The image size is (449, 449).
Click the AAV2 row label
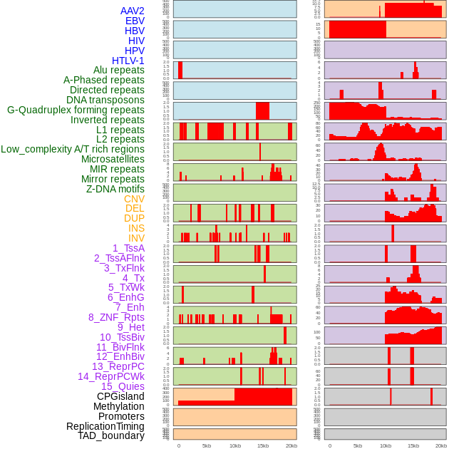[x=133, y=11]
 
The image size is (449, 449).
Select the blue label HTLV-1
[x=128, y=61]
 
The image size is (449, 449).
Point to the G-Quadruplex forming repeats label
[x=76, y=110]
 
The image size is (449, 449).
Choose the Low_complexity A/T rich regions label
[x=73, y=149]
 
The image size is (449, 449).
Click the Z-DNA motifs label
[x=115, y=189]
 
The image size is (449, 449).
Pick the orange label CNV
[x=134, y=199]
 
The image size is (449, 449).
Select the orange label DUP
[x=134, y=218]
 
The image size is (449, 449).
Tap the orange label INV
[x=136, y=238]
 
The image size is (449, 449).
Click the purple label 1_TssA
[x=128, y=248]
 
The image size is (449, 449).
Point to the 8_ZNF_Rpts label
[x=116, y=317]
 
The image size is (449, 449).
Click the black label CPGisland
[x=120, y=396]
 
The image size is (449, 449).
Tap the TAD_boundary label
[x=111, y=435]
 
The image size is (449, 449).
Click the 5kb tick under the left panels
[x=207, y=445]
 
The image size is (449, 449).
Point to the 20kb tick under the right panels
[x=442, y=445]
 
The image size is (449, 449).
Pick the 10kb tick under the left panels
[x=234, y=445]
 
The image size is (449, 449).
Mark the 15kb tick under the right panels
[x=413, y=445]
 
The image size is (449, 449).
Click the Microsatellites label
[x=113, y=159]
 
